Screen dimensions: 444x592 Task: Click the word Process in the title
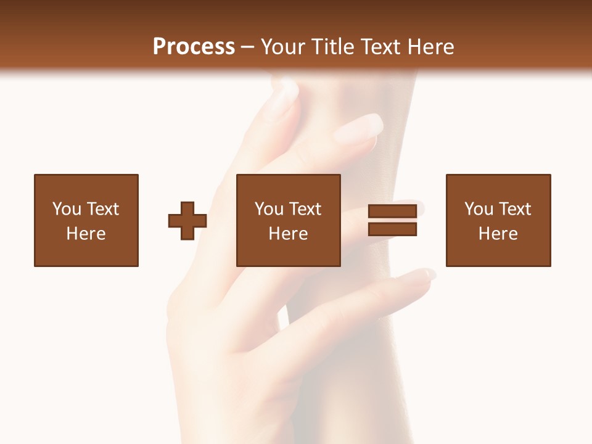click(x=194, y=46)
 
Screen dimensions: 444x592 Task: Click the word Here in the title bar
click(x=432, y=46)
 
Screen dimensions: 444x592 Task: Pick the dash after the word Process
click(x=248, y=47)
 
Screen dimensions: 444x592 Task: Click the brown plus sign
click(x=187, y=221)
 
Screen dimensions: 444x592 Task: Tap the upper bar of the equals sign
click(x=392, y=212)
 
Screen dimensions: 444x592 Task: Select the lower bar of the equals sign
click(x=392, y=229)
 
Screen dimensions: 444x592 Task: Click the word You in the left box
click(x=67, y=209)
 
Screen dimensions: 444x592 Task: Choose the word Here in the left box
click(x=86, y=234)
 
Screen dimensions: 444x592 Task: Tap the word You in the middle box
click(x=269, y=209)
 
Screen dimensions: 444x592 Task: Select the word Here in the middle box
click(x=288, y=234)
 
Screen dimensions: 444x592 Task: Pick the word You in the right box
click(x=479, y=209)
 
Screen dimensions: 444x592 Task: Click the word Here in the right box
click(x=498, y=234)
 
